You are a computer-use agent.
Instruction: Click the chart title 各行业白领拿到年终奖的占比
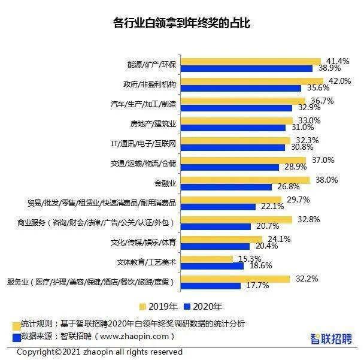pyautogui.click(x=181, y=23)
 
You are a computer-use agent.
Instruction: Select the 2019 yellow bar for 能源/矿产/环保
pyautogui.click(x=251, y=61)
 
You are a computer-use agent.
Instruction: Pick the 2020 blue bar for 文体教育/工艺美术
pyautogui.click(x=212, y=266)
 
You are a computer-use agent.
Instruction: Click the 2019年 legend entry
pyautogui.click(x=159, y=305)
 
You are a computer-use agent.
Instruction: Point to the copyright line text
pyautogui.click(x=99, y=352)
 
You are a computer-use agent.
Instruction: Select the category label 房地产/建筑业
pyautogui.click(x=153, y=124)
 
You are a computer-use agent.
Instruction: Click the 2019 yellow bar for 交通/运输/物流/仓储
pyautogui.click(x=243, y=160)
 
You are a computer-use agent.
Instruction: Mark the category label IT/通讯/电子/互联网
pyautogui.click(x=143, y=144)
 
